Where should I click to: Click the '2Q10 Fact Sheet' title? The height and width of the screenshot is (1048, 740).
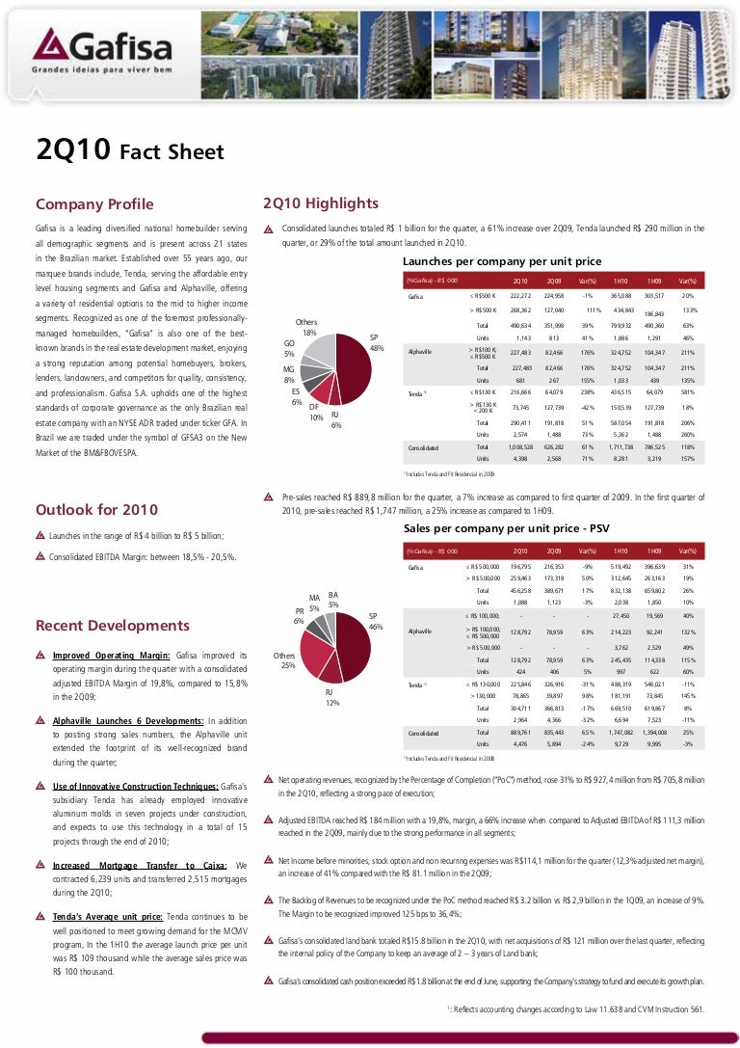coord(129,151)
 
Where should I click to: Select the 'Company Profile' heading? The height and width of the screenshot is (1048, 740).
coord(94,204)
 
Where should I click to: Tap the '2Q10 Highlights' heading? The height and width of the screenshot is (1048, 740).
coord(320,203)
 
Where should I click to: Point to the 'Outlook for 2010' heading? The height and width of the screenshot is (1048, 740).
coord(96,510)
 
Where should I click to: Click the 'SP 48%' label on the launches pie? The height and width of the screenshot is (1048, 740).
coord(378,342)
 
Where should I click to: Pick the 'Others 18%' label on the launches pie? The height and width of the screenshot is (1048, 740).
coord(309,327)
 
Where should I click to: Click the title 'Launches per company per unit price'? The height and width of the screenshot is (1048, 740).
coord(501,261)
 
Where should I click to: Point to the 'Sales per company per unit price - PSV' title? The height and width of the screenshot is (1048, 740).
coord(507,530)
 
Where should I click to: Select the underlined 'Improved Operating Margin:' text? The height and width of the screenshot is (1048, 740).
coord(111,656)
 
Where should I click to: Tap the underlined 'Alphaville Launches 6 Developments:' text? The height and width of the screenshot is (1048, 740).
coord(127,720)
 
